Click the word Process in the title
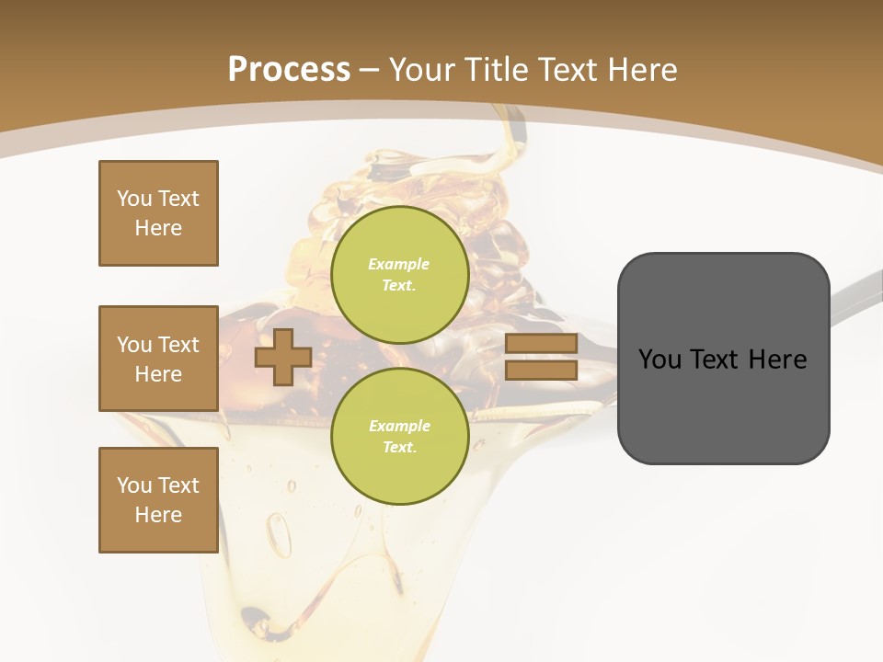coord(289,69)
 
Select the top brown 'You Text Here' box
coord(158,213)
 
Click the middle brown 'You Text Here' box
coord(158,359)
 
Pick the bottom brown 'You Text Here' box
coord(158,500)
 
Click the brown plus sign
coord(282,357)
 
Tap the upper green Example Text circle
coord(399,274)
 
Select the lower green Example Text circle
coord(399,436)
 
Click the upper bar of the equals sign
coord(541,343)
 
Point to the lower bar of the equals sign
coord(541,370)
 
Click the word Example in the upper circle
coord(398,264)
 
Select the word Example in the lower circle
coord(399,426)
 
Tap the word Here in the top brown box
coord(158,228)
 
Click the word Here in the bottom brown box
coord(158,515)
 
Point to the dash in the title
coord(370,70)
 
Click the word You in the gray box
coord(659,359)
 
